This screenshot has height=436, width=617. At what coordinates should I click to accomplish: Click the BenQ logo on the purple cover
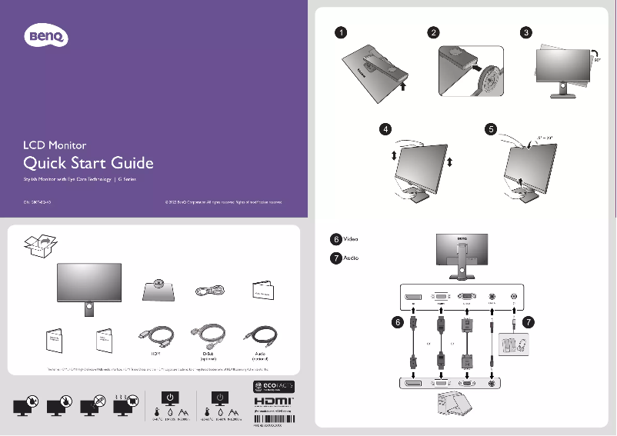(x=48, y=35)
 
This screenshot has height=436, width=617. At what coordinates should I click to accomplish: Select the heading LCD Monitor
(x=55, y=145)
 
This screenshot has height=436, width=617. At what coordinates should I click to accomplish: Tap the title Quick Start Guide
(x=88, y=163)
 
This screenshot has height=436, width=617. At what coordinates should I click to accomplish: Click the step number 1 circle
(x=340, y=33)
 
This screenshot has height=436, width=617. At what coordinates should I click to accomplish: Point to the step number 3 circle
(x=525, y=33)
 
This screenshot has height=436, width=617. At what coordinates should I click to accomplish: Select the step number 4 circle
(x=384, y=129)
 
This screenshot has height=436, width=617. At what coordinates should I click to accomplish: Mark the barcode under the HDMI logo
(x=274, y=422)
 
